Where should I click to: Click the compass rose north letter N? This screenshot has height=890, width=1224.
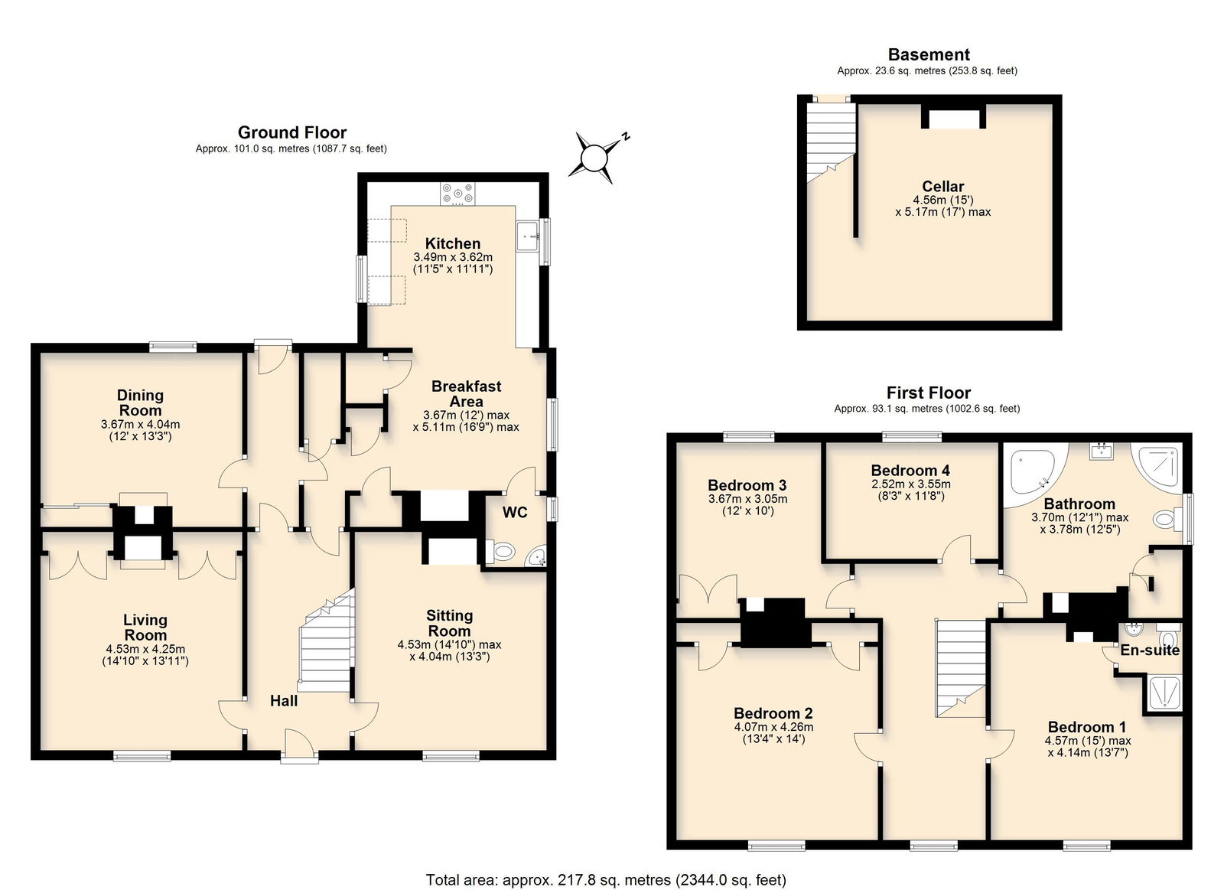click(x=627, y=137)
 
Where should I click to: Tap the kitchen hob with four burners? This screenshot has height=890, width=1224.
click(x=458, y=194)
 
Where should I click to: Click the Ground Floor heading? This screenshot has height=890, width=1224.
click(x=292, y=132)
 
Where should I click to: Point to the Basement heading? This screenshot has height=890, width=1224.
click(x=929, y=54)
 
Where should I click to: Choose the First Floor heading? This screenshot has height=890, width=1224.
click(x=929, y=393)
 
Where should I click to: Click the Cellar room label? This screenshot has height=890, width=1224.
click(x=943, y=187)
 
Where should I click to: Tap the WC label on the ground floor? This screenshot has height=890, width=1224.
click(x=515, y=512)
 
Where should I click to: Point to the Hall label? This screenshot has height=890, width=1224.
click(x=284, y=701)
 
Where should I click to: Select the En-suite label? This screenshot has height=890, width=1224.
click(x=1150, y=650)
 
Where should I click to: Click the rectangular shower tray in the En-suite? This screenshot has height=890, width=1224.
click(x=1164, y=694)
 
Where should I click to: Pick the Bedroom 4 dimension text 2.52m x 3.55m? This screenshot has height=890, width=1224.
click(x=910, y=484)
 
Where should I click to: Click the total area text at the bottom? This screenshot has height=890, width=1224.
click(x=606, y=880)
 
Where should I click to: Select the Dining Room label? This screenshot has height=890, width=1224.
click(x=141, y=403)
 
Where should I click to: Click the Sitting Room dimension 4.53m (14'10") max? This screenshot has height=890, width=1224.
click(x=449, y=645)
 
